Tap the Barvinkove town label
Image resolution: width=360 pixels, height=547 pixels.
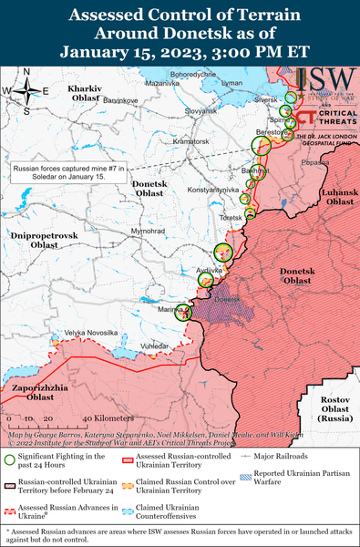pyautogui.click(x=120, y=98)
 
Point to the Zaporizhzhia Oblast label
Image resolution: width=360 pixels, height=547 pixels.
pyautogui.click(x=33, y=393)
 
